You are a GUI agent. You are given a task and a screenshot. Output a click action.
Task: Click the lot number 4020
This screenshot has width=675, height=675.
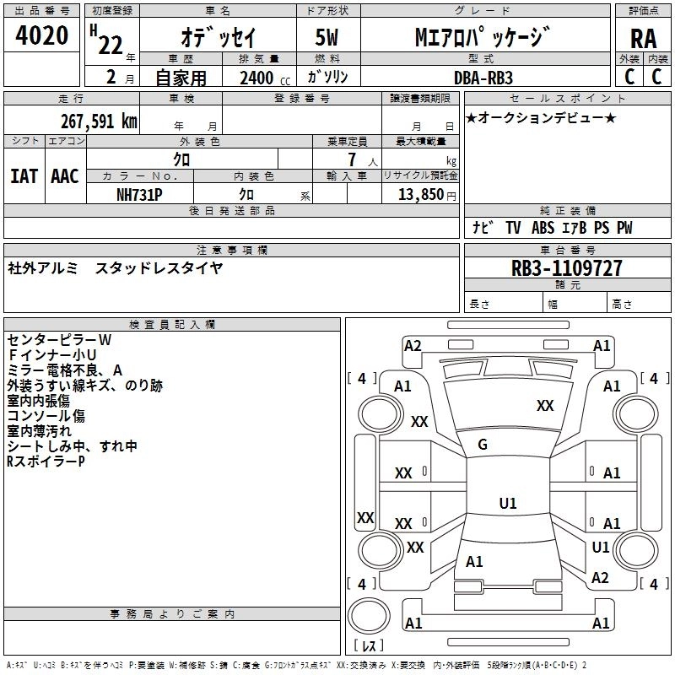point(41,35)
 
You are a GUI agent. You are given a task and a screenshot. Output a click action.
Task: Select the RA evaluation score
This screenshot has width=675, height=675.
point(643,39)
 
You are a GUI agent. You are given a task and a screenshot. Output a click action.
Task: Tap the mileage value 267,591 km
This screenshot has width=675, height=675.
point(99,121)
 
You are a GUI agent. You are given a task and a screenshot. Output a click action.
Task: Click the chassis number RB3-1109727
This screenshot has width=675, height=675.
point(566,268)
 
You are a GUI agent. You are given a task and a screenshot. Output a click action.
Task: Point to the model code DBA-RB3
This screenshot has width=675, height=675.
point(483,78)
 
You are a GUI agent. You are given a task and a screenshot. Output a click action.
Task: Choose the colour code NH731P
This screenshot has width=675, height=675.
point(139,195)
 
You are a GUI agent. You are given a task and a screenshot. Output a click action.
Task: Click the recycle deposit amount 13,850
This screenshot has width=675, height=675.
point(420,194)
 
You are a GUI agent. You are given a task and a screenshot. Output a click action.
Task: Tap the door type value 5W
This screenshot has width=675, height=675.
point(327,37)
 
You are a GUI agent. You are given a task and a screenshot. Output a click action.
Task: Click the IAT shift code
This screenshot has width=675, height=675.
point(24,176)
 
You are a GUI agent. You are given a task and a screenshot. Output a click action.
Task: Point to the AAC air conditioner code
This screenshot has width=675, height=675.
point(65,176)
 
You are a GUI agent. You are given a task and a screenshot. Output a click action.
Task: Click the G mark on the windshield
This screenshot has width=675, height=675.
point(483,445)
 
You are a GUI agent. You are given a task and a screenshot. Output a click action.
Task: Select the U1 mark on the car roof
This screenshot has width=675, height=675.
point(508,503)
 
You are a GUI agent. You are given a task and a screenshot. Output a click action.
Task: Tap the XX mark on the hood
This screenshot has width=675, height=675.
point(545,406)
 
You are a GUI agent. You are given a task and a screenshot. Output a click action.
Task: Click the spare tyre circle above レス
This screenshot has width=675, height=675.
point(369,615)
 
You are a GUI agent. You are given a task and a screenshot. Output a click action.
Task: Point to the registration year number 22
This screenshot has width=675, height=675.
point(111,46)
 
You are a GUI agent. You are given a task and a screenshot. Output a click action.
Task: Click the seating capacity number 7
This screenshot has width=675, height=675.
point(352,159)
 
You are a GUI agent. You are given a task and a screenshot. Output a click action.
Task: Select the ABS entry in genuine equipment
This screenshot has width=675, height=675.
point(543,228)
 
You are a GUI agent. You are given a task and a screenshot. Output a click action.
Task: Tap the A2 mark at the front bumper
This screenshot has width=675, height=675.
point(413,346)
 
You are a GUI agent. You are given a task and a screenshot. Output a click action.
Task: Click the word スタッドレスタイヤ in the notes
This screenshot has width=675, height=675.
point(159,268)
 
